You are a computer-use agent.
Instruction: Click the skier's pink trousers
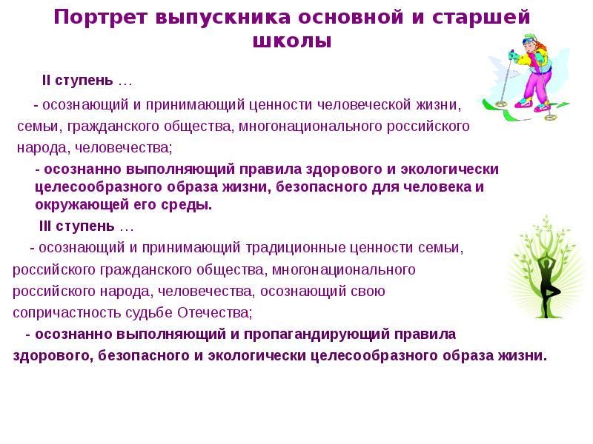coord(531,87)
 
